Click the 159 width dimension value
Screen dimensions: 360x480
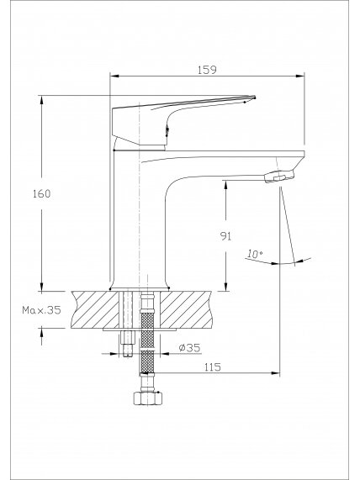tap(207, 70)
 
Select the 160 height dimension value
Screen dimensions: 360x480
tap(42, 193)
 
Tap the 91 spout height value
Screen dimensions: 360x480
tap(225, 236)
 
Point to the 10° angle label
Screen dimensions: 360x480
tap(255, 254)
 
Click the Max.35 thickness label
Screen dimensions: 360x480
tap(42, 310)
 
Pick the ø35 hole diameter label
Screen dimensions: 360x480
tap(189, 348)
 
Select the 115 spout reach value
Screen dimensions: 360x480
tap(212, 367)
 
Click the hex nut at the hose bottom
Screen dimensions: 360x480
tap(147, 398)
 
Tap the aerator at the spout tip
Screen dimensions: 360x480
tap(279, 177)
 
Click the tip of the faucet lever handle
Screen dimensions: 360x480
tap(254, 98)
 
